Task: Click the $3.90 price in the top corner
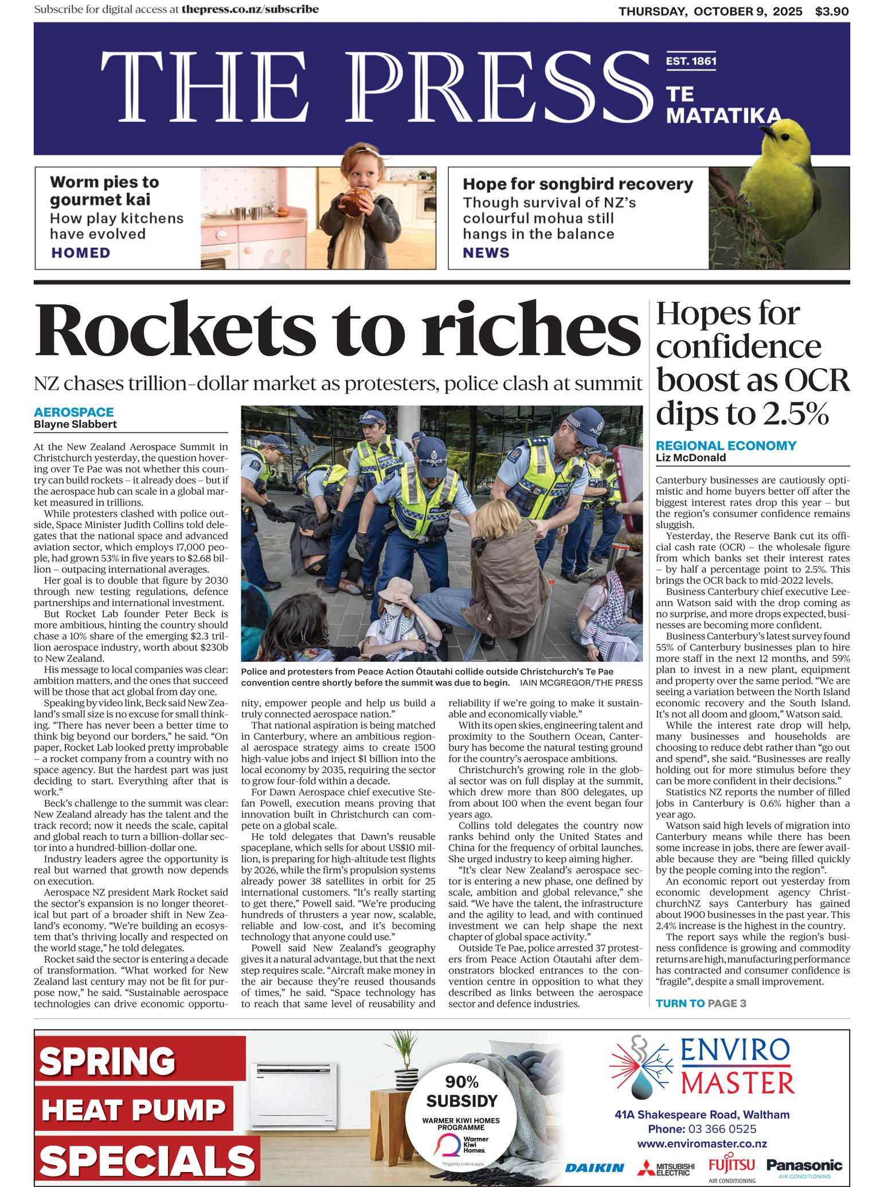832,11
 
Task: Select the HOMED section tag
80,253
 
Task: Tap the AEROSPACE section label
73,412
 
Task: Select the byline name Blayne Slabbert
75,424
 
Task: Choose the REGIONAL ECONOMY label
726,446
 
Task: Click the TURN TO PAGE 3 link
701,1003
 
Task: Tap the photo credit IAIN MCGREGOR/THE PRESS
581,683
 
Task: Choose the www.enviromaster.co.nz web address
702,1143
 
